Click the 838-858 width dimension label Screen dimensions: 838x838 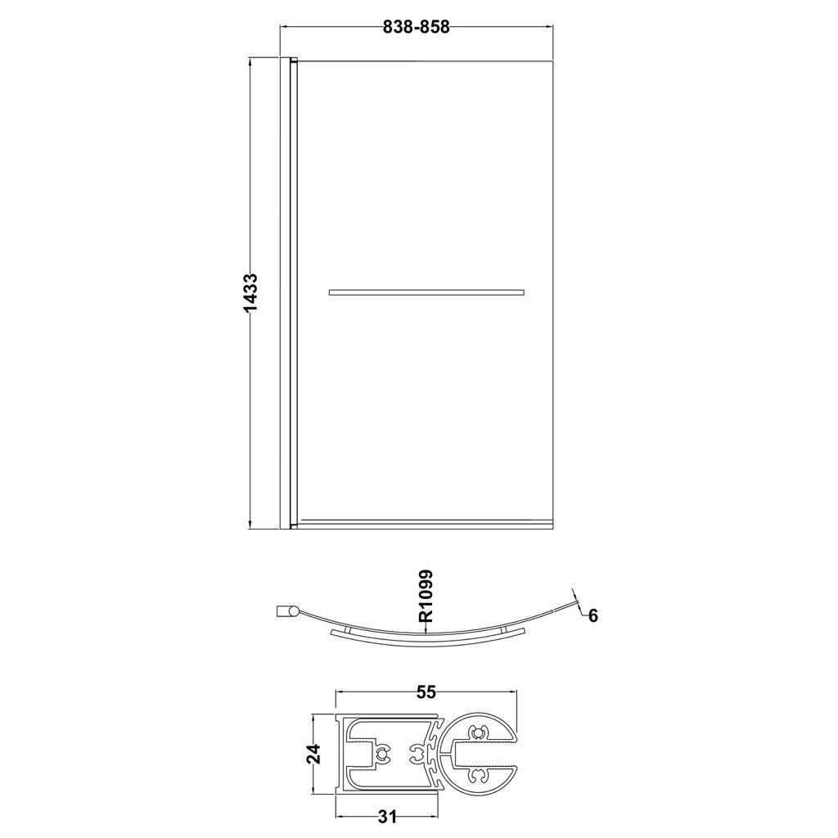tap(417, 27)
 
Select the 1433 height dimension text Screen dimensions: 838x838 tap(250, 293)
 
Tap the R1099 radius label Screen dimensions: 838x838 tap(426, 597)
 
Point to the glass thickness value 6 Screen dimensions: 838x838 tap(593, 616)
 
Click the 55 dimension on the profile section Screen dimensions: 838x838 tap(426, 692)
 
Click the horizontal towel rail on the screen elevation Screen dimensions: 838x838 tap(426, 292)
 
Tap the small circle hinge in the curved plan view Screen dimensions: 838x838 tap(294, 611)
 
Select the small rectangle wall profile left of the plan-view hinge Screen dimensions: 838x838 tap(282, 611)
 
